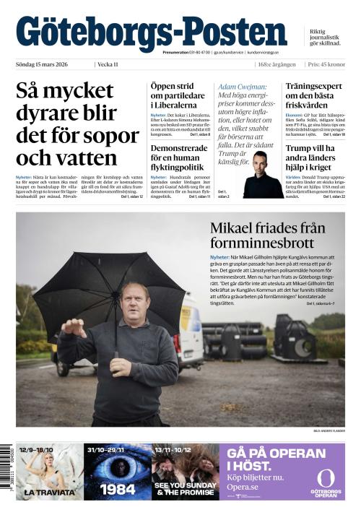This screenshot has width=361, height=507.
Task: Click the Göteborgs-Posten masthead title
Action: [x=151, y=32]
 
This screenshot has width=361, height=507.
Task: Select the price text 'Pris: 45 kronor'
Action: [x=325, y=65]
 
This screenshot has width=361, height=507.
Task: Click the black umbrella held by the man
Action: [x=108, y=289]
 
